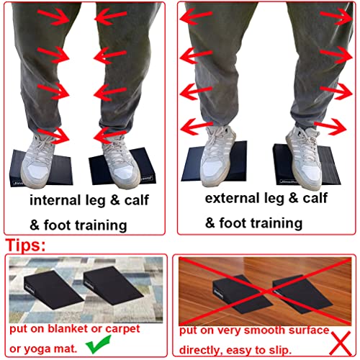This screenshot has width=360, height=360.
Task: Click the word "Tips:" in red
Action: coord(26,245)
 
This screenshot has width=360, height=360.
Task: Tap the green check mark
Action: coord(98,345)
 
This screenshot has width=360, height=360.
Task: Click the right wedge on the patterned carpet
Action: coord(113,286)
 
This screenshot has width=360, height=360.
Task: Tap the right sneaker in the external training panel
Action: coord(305,156)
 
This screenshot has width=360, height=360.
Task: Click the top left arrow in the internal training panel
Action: coord(55,16)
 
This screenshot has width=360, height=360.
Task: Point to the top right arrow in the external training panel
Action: coord(336,16)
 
